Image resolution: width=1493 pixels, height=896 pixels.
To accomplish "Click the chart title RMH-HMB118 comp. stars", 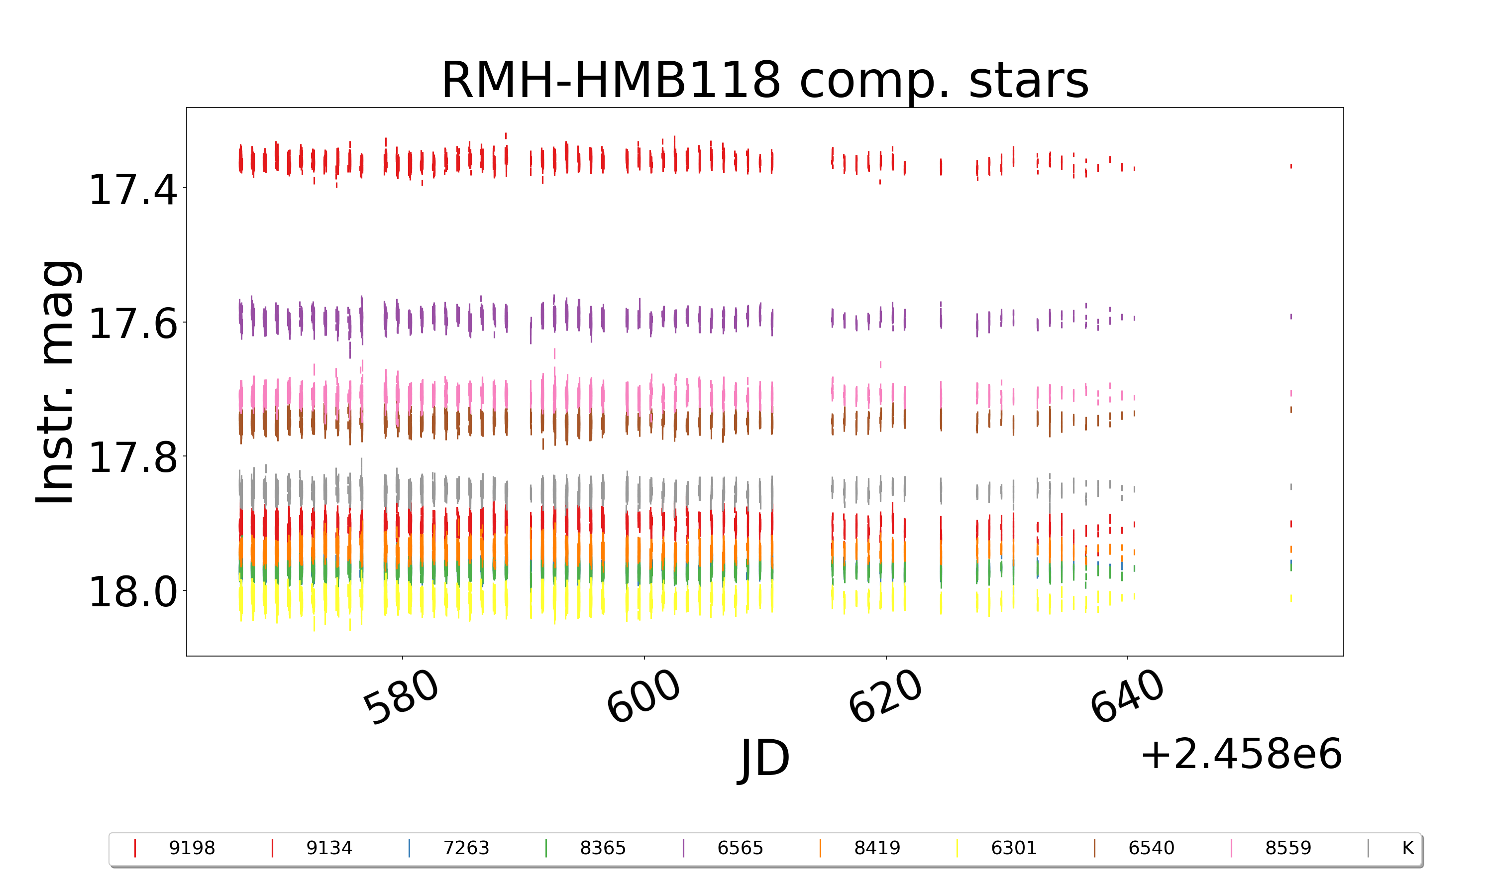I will pos(764,80).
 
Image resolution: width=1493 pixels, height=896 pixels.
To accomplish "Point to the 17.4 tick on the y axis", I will pos(133,190).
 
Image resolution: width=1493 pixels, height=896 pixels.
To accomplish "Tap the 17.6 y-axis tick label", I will pos(133,324).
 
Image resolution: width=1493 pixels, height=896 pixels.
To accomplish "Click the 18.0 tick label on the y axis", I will pos(133,592).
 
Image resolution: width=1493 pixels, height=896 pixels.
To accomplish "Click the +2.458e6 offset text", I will pos(1241,755).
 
